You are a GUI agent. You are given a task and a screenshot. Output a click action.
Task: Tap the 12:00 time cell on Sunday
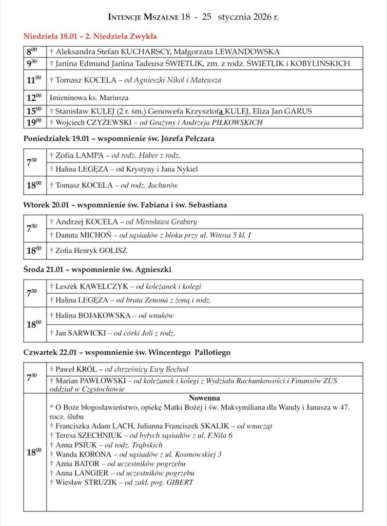pos(34,98)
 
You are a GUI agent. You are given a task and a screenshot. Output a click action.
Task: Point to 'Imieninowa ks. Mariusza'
pos(89,98)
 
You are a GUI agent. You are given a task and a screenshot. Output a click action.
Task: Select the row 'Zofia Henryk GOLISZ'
pos(88,251)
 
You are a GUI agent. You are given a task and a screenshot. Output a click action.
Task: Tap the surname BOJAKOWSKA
pos(103,315)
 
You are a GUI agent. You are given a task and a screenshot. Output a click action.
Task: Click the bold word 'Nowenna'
pos(204,398)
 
